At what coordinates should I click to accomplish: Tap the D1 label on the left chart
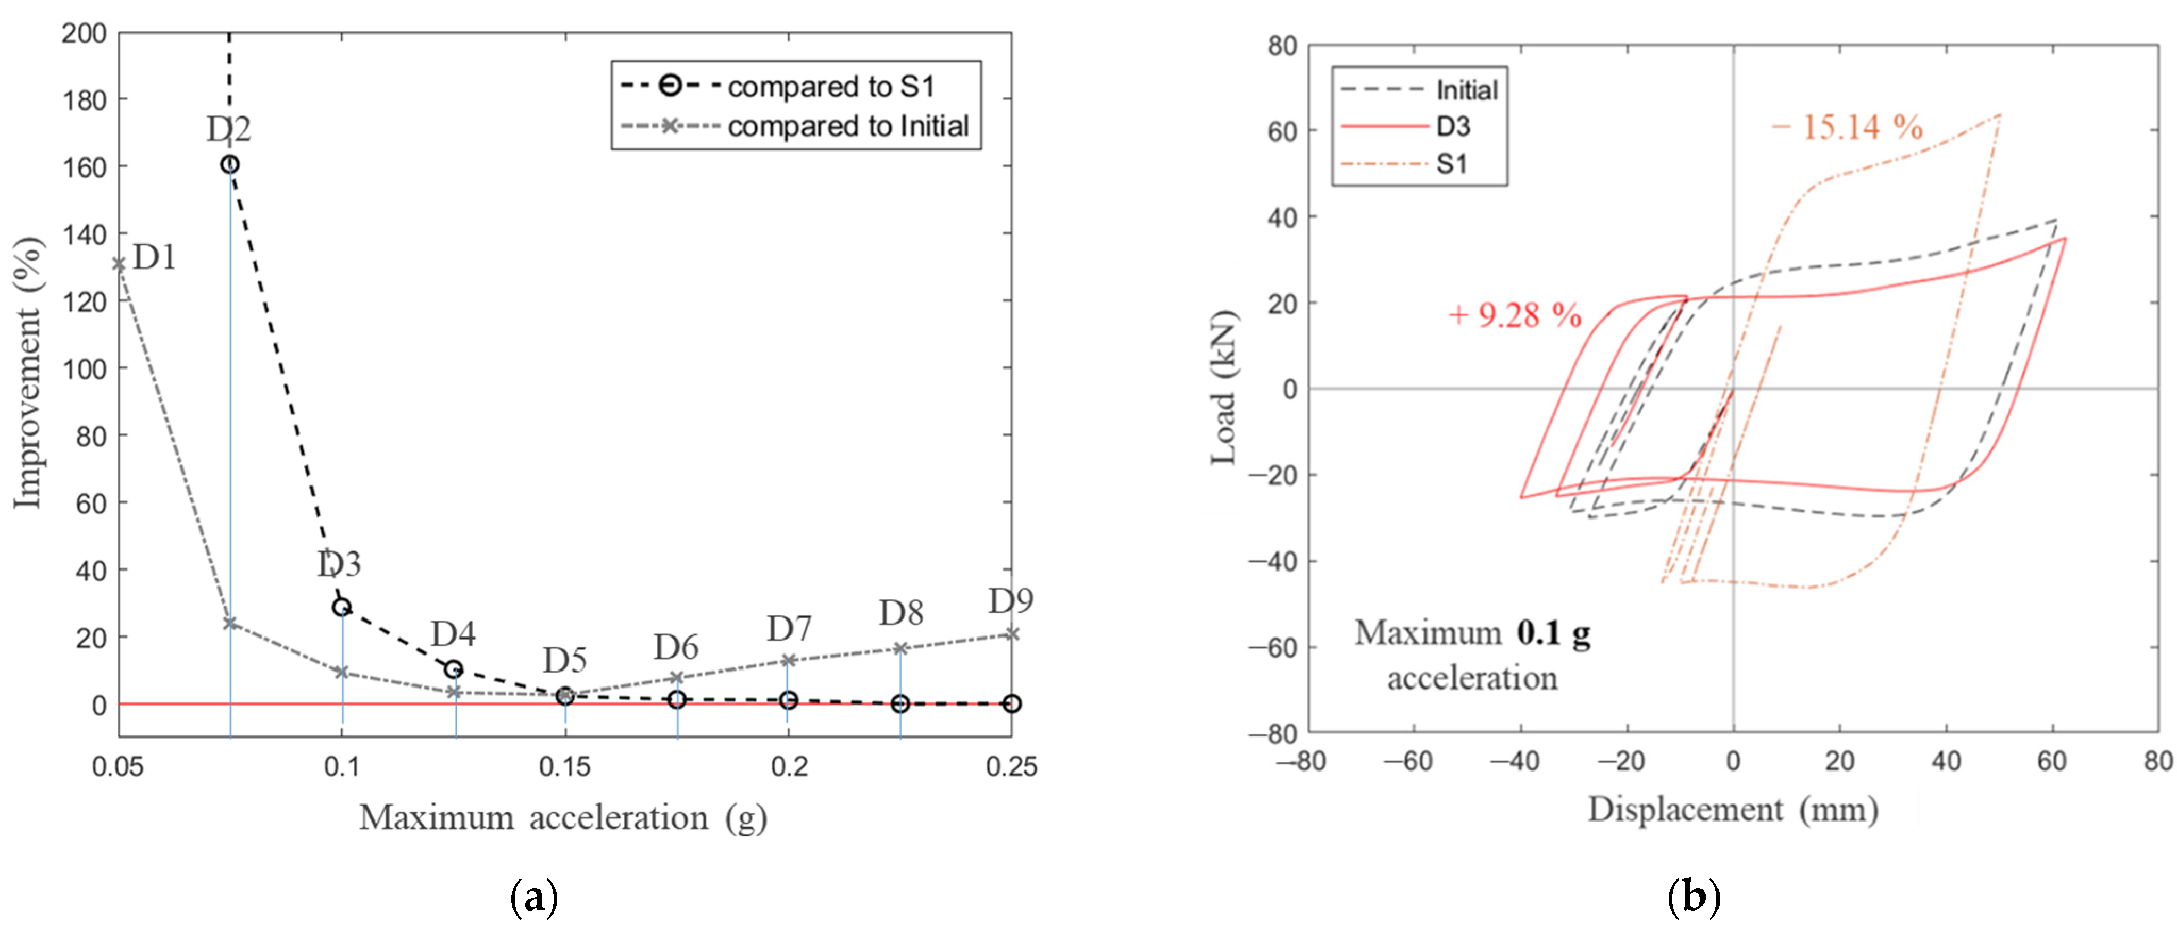(x=155, y=257)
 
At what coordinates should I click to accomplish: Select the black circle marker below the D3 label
(x=341, y=607)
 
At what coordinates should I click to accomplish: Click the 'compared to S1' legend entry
(x=831, y=86)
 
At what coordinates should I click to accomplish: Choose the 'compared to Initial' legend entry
(x=848, y=126)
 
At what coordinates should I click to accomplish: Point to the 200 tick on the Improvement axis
(x=85, y=34)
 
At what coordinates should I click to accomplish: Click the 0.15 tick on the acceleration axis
(x=564, y=767)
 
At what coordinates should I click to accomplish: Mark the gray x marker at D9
(x=1012, y=633)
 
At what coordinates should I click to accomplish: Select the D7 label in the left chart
(x=788, y=629)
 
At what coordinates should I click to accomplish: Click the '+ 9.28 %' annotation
(x=1514, y=315)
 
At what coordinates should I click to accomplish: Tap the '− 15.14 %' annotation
(x=1847, y=128)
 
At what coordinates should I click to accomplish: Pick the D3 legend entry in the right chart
(x=1453, y=127)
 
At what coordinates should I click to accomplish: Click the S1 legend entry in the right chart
(x=1451, y=164)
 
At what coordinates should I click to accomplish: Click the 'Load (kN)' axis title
(x=1224, y=388)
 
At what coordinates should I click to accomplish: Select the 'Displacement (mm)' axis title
(x=1732, y=809)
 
